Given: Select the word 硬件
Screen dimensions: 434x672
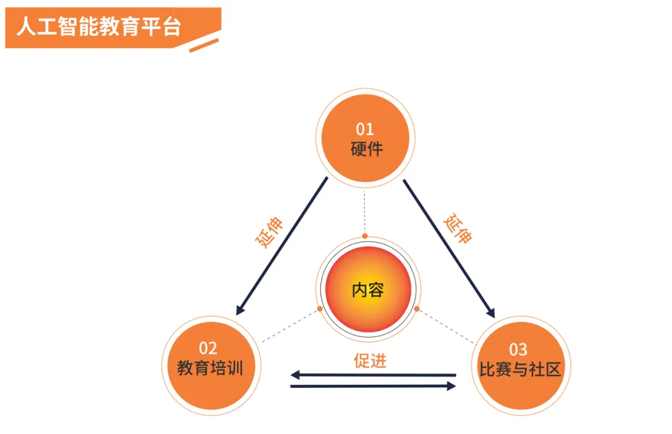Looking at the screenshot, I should (x=366, y=149).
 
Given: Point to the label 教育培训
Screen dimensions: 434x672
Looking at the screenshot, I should (x=210, y=368).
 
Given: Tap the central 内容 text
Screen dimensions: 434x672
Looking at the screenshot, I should (x=368, y=290).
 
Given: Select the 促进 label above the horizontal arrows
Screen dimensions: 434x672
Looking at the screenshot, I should (x=370, y=361).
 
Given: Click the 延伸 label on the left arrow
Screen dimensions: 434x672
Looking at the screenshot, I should (x=269, y=233).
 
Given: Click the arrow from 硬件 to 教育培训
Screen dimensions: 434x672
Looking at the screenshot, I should (x=282, y=245).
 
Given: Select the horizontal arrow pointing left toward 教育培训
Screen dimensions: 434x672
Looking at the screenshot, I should (x=373, y=375).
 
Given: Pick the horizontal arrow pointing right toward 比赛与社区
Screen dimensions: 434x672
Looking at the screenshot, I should (x=373, y=387).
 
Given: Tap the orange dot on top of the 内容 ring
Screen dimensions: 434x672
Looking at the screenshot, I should (x=365, y=236).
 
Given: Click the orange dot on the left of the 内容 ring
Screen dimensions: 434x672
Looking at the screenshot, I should (x=320, y=308).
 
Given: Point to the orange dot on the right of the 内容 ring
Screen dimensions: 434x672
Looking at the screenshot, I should (x=417, y=309).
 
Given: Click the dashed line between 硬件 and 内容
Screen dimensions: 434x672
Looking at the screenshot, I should (x=365, y=212).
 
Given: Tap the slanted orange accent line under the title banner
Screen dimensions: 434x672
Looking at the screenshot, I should (x=204, y=45).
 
